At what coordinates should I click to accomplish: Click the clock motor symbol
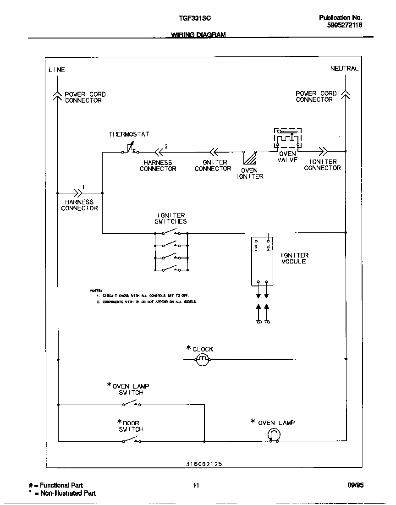203,360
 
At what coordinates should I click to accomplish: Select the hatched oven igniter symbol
250,158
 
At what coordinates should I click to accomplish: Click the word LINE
57,70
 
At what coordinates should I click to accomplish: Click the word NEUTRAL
344,68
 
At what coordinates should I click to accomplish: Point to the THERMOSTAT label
129,134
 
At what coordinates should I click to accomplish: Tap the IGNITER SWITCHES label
171,218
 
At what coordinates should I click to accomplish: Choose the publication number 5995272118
345,26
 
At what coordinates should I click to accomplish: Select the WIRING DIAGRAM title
198,35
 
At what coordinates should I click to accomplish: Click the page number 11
196,485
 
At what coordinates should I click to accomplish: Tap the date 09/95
356,485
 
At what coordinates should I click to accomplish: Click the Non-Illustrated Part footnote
67,493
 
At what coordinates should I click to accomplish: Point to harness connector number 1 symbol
74,193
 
